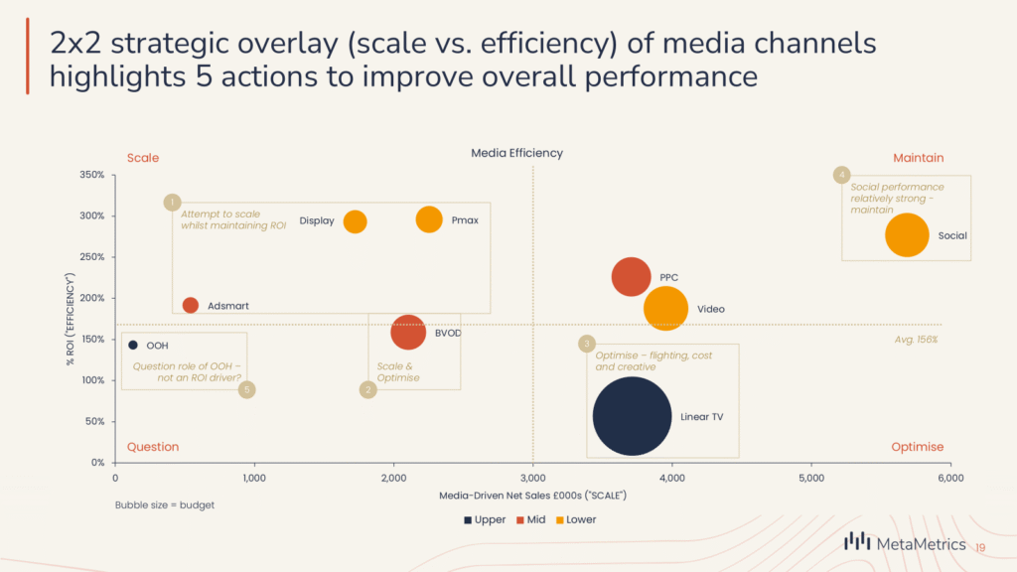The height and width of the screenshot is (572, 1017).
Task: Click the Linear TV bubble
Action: pyautogui.click(x=632, y=416)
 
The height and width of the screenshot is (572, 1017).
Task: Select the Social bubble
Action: pyautogui.click(x=907, y=235)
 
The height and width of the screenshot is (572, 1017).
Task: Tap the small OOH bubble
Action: pyautogui.click(x=133, y=346)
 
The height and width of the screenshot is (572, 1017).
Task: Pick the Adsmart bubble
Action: pyautogui.click(x=191, y=305)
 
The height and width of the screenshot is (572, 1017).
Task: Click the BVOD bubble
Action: pyautogui.click(x=408, y=333)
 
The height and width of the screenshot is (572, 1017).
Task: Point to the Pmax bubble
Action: pyautogui.click(x=429, y=219)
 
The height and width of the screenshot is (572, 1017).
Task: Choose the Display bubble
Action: pyautogui.click(x=355, y=221)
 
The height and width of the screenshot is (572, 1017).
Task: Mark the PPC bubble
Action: pyautogui.click(x=632, y=275)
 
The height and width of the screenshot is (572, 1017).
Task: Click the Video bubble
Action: pyautogui.click(x=665, y=308)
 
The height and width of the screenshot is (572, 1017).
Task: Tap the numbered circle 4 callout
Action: pyautogui.click(x=842, y=175)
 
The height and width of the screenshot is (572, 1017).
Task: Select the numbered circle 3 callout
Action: pyautogui.click(x=587, y=344)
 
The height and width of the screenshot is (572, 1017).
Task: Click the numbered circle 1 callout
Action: pyautogui.click(x=172, y=203)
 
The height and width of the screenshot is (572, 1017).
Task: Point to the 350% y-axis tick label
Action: pyautogui.click(x=91, y=175)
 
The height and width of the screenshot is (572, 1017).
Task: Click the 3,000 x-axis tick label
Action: pyautogui.click(x=533, y=479)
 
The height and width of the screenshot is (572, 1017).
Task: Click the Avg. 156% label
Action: pyautogui.click(x=916, y=340)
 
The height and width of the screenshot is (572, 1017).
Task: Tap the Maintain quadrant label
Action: pyautogui.click(x=918, y=158)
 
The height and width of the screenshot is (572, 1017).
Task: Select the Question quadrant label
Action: pyautogui.click(x=153, y=447)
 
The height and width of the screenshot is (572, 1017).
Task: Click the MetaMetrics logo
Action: pyautogui.click(x=904, y=542)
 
